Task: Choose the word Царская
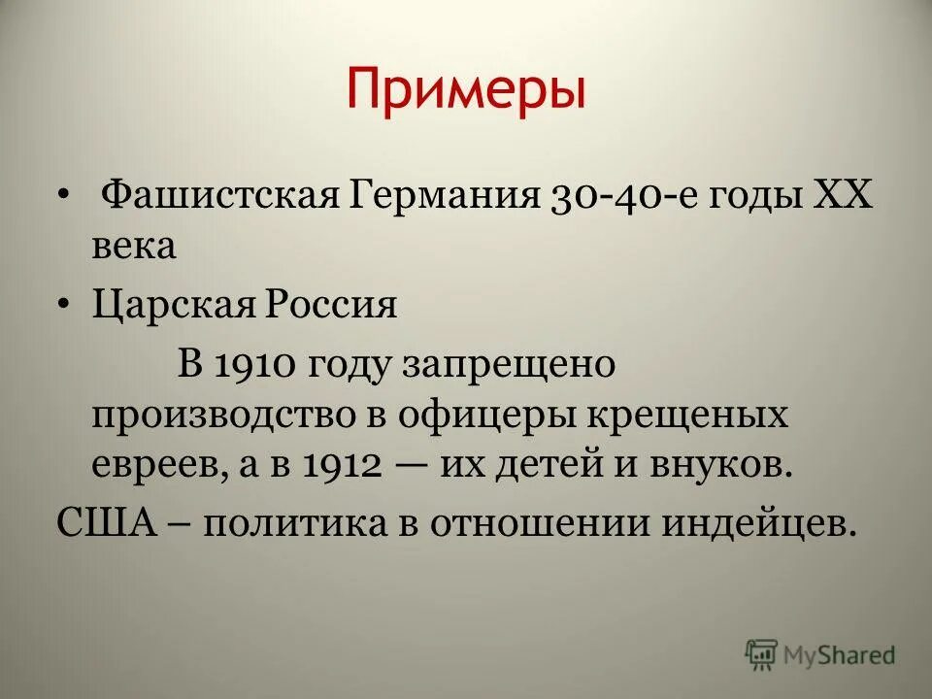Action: point(168,306)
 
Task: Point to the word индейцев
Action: point(768,523)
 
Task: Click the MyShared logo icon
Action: point(762,654)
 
